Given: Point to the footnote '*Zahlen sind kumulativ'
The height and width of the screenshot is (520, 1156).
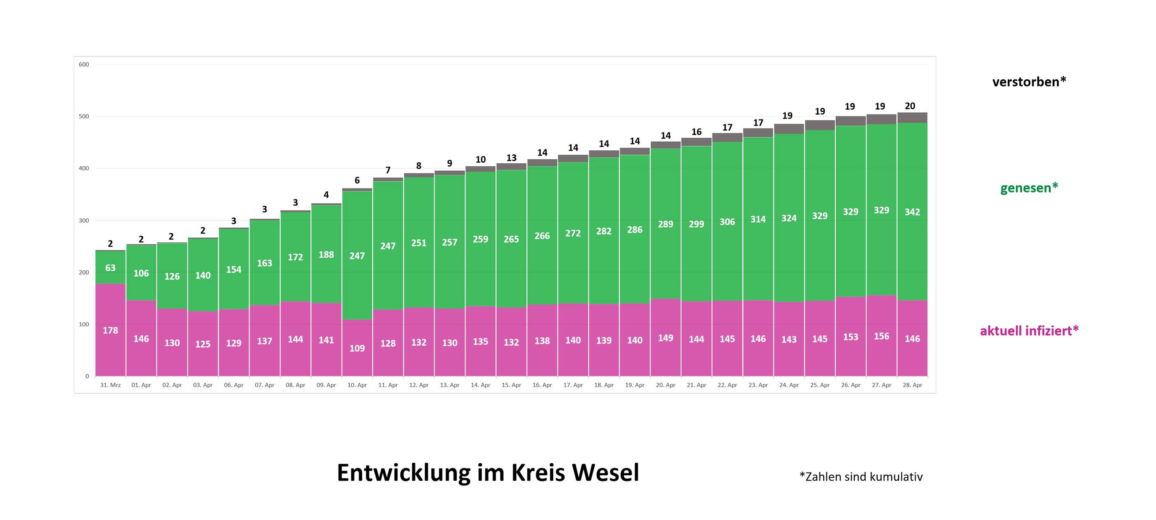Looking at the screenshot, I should click(x=861, y=477).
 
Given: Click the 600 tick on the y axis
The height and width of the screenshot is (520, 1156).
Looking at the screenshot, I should click(x=84, y=65).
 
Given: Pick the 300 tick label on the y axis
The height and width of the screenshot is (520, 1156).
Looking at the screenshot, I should click(x=84, y=220).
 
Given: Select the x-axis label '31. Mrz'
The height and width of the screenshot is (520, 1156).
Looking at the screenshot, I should click(x=111, y=385).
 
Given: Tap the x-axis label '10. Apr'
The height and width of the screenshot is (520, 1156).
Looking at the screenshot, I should click(x=357, y=385).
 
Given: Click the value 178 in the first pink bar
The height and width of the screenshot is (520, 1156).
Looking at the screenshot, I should click(x=111, y=330).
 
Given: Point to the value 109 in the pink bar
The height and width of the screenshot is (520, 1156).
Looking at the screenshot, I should click(x=357, y=348).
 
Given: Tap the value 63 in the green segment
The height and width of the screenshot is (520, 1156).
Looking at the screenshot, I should click(x=111, y=268).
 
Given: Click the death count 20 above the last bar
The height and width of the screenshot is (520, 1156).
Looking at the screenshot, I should click(x=910, y=106).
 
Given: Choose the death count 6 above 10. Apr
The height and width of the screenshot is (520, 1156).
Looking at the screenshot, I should click(x=357, y=180).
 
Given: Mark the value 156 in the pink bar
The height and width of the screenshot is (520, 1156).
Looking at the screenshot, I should click(x=881, y=336).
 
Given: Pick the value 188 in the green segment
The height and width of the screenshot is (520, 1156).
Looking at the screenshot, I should click(x=326, y=254).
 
